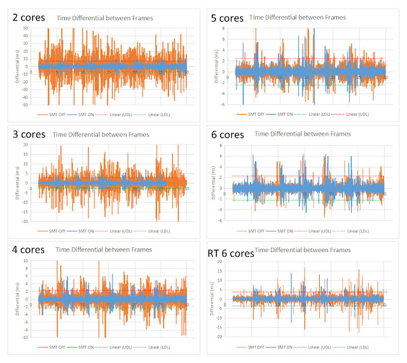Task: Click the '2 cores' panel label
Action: coord(28,17)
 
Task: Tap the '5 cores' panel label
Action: coord(227,17)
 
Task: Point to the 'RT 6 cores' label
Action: coord(231,253)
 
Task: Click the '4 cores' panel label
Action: coord(29,250)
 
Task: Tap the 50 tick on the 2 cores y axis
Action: coord(26,29)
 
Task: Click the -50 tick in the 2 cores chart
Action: coord(25,104)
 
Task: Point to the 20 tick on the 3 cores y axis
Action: coord(26,145)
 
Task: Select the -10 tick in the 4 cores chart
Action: coord(25,336)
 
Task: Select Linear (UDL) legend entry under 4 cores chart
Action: coord(130,347)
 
